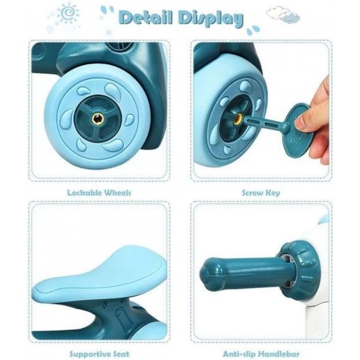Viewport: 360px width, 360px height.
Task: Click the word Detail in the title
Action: [146, 18]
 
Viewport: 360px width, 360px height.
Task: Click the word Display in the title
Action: [211, 19]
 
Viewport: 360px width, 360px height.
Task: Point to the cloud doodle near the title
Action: [283, 14]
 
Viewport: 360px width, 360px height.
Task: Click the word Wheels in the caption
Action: [118, 192]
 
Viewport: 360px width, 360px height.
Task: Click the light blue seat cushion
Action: [101, 274]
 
